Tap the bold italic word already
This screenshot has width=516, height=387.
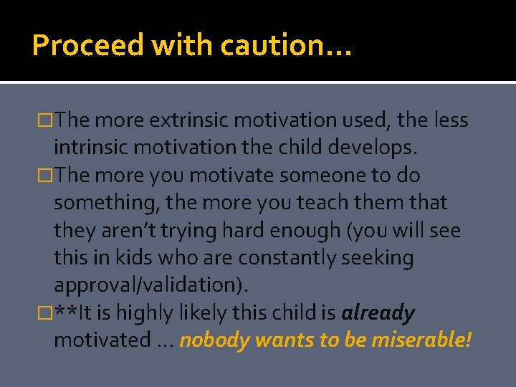pyautogui.click(x=378, y=313)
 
